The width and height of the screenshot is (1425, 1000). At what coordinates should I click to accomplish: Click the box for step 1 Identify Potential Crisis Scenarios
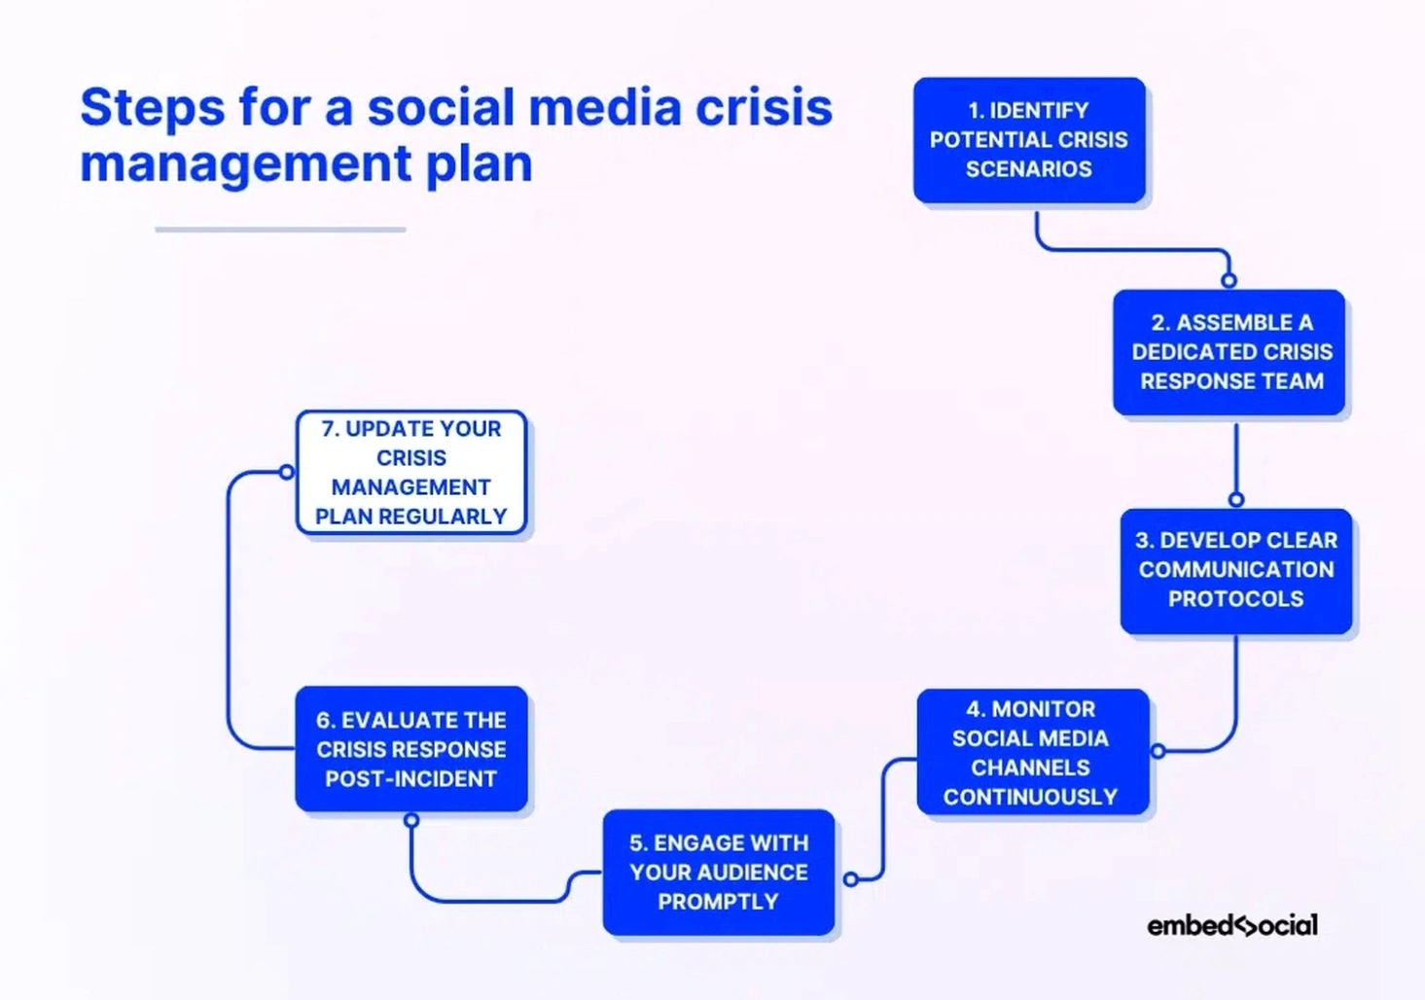[x=1028, y=140]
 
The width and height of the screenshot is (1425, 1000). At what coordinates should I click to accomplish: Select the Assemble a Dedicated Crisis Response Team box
[x=1229, y=352]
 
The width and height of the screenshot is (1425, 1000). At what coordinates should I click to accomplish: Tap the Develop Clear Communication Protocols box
[x=1235, y=570]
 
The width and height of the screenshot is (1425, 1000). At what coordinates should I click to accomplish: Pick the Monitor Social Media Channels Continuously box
[x=1031, y=752]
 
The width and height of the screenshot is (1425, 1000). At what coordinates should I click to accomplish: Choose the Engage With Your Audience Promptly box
[x=718, y=872]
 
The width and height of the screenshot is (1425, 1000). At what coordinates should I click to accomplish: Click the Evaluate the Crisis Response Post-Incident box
[x=410, y=749]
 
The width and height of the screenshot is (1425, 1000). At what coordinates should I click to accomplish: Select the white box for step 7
[x=410, y=473]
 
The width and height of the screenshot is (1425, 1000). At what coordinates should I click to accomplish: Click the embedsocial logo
[x=1231, y=925]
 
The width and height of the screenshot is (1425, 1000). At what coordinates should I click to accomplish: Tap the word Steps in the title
[x=152, y=107]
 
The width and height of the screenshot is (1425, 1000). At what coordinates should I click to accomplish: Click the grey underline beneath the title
[x=280, y=230]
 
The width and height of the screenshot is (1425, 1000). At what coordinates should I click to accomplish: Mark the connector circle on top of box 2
[x=1229, y=280]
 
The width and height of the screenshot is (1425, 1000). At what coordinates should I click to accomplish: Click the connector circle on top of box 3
[x=1235, y=499]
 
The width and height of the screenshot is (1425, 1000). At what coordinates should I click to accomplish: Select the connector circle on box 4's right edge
[x=1158, y=751]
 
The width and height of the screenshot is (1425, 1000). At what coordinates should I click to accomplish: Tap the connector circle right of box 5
[x=851, y=879]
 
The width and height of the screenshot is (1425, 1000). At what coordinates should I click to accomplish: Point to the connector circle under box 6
[x=411, y=820]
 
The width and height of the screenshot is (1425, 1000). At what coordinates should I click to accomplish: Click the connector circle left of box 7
[x=286, y=472]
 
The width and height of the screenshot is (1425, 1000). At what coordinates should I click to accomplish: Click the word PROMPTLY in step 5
[x=718, y=902]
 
